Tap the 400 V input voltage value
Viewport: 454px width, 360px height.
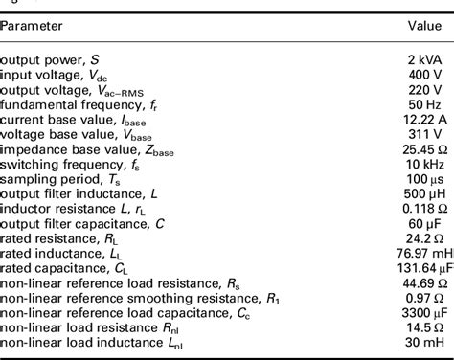pos(427,73)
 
